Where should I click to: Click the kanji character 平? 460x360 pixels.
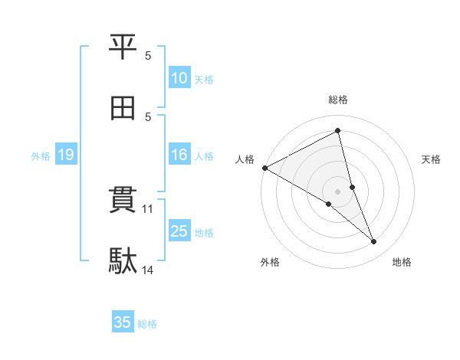point(123,47)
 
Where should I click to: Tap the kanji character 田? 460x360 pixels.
point(123,109)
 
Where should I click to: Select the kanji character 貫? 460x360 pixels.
point(123,201)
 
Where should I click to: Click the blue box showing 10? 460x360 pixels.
point(179,78)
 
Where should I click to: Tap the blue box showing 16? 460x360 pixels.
point(179,155)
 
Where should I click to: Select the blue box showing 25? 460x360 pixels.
point(179,231)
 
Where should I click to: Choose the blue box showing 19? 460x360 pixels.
point(65,155)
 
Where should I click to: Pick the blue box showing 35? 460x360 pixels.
point(123,322)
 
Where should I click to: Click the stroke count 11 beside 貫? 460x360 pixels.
point(149,208)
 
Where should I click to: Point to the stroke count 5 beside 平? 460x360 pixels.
point(148,55)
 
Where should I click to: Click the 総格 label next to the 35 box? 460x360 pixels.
point(147,324)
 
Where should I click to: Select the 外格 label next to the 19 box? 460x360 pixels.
point(41,156)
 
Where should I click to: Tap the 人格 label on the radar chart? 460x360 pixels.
point(245,159)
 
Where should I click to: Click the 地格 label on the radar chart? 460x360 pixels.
point(402,262)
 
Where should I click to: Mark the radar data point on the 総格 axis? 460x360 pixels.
point(338,132)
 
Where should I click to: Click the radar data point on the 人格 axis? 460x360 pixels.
point(264,168)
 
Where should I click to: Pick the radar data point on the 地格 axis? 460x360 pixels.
point(374,241)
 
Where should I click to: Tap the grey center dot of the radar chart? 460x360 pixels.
point(338,191)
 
